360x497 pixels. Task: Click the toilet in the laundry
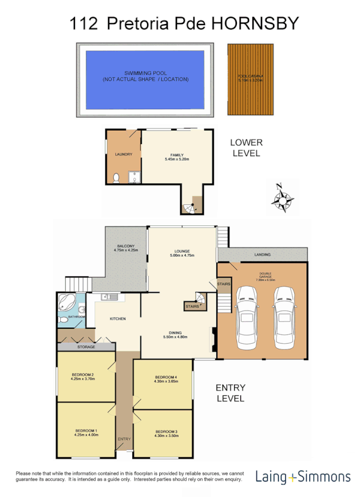coord(116,178)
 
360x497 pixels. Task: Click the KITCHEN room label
coord(118,319)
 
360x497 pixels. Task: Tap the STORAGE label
coord(86,347)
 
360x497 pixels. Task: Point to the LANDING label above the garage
coord(263,255)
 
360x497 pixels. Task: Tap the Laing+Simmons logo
coord(303,476)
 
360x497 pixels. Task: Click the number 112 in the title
coord(83,23)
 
